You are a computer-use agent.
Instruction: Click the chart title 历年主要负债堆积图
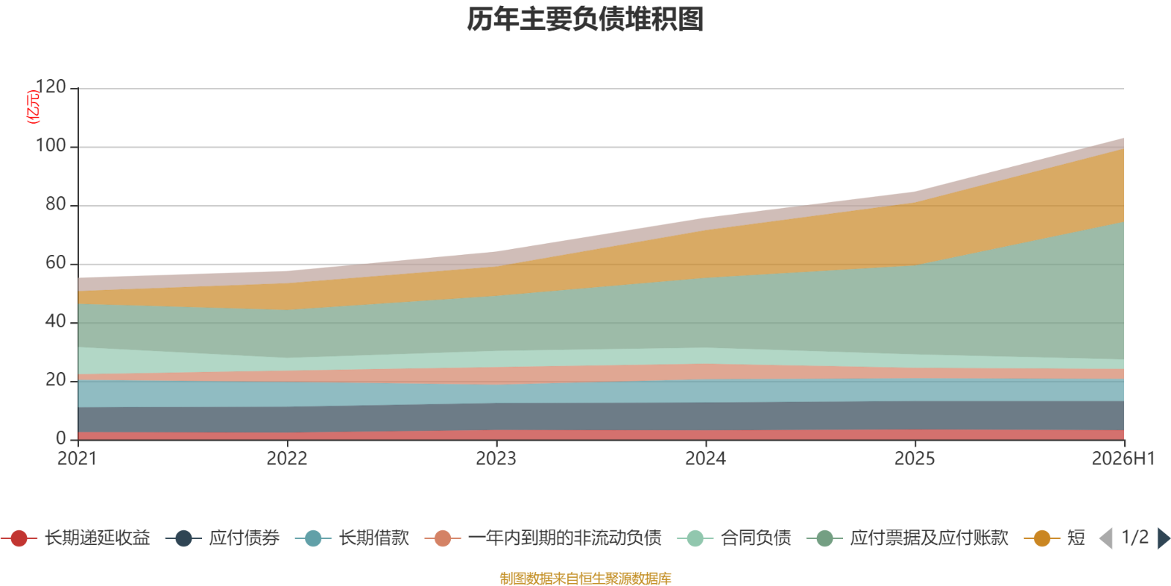pos(585,19)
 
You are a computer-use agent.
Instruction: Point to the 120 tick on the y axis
pos(50,87)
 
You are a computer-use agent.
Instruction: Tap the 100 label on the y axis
pos(50,146)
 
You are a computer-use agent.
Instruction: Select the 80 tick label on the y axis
pos(56,204)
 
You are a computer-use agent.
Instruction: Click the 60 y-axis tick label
pos(56,263)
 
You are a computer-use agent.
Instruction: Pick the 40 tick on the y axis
pos(56,322)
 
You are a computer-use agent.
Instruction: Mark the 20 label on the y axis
pos(56,380)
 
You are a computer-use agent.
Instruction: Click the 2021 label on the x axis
pos(78,459)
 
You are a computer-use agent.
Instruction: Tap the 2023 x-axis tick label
pos(496,459)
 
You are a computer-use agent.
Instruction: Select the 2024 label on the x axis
pos(706,459)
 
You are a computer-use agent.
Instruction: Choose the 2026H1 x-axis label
pos(1123,459)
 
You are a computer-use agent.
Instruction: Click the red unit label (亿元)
pos(33,107)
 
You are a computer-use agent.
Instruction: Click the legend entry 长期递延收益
pos(76,538)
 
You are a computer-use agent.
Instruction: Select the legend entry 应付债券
pos(222,538)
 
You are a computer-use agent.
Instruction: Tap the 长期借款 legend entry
pos(352,538)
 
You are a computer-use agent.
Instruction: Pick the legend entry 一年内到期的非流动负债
pos(543,538)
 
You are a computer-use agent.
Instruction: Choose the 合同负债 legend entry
pos(734,538)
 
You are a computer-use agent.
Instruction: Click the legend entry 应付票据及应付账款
pos(908,538)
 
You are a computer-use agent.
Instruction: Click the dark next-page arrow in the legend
pos(1163,538)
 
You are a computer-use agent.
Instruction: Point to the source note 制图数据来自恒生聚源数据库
pos(585,578)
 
